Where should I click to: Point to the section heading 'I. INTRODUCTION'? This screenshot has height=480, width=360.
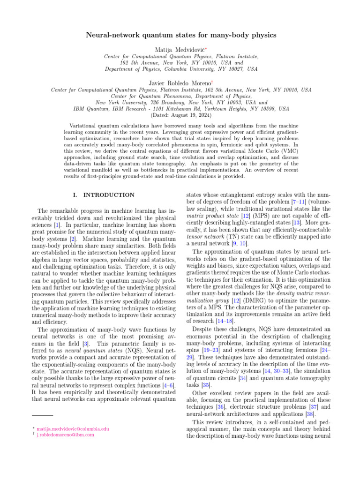100,195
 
